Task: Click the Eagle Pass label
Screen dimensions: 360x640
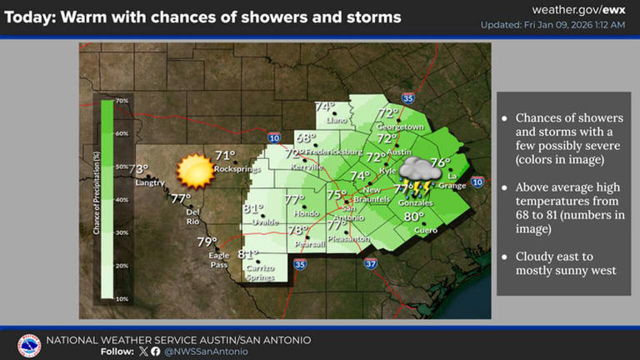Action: pyautogui.click(x=218, y=258)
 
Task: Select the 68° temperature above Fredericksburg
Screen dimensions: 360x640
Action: pyautogui.click(x=306, y=138)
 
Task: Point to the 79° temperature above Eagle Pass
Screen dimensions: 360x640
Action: pyautogui.click(x=207, y=242)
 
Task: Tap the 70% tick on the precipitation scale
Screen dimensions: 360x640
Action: pyautogui.click(x=122, y=101)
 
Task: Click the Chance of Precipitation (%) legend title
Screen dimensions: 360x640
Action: pyautogui.click(x=97, y=199)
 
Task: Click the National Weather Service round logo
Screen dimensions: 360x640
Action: pyautogui.click(x=29, y=346)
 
